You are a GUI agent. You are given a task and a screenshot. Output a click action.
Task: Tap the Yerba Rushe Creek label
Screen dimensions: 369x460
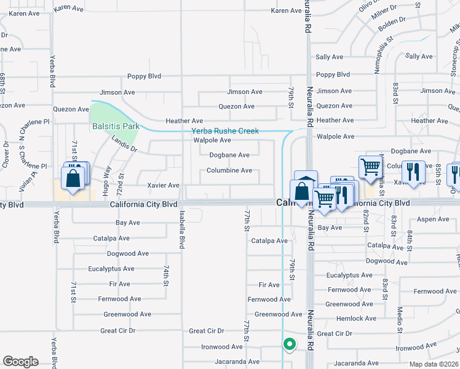(x=225, y=131)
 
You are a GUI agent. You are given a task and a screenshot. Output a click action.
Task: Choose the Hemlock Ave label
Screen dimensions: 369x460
(x=357, y=319)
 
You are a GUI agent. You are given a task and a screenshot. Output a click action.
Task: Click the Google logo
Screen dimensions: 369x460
(x=20, y=362)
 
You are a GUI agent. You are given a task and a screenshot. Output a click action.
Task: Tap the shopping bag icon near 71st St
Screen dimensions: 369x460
(x=73, y=179)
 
